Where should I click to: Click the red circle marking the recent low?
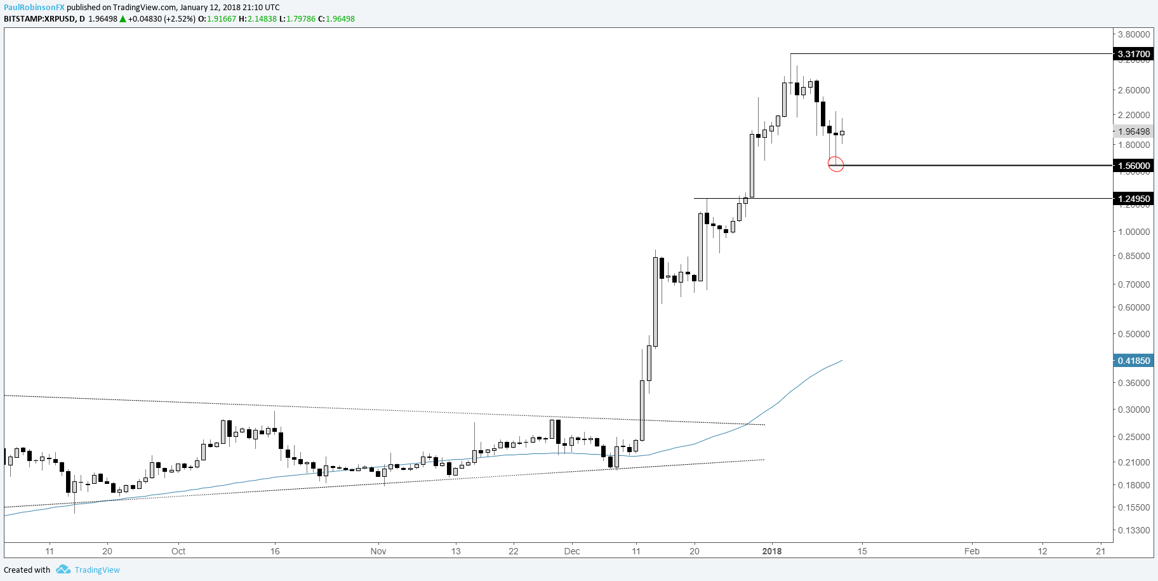click(836, 164)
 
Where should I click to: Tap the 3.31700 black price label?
click(1134, 54)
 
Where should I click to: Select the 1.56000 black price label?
click(1134, 166)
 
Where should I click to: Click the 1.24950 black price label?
click(1134, 199)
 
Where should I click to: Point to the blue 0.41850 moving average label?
click(1134, 361)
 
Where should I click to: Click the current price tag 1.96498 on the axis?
click(1134, 131)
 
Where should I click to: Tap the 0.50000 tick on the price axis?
click(1134, 334)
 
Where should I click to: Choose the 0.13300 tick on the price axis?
click(1134, 530)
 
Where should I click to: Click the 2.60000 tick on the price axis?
click(1134, 90)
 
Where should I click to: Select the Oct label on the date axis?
click(178, 551)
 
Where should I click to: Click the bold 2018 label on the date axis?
click(772, 551)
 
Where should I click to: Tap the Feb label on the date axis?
click(972, 551)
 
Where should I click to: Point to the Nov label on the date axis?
click(378, 551)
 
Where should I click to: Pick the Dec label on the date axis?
click(572, 551)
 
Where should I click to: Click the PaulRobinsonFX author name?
click(34, 8)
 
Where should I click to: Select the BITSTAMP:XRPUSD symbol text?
click(39, 19)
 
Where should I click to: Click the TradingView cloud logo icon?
click(63, 570)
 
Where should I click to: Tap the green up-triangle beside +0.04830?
click(123, 19)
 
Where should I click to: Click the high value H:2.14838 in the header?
click(258, 19)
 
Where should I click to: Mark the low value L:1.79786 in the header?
click(298, 19)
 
